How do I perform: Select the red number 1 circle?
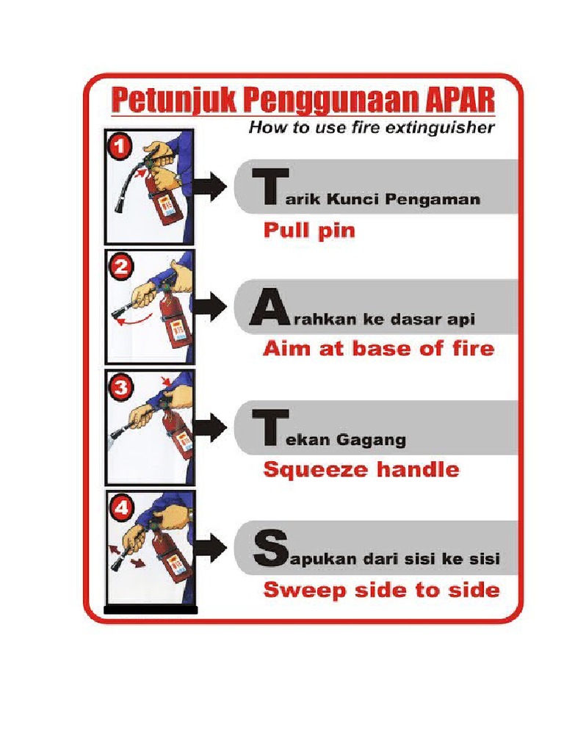tap(119, 148)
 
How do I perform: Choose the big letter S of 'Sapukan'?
tap(266, 549)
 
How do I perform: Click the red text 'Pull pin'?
tap(308, 231)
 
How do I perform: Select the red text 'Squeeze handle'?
tap(361, 470)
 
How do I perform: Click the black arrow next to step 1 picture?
tap(213, 187)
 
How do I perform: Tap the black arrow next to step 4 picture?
tap(213, 548)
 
